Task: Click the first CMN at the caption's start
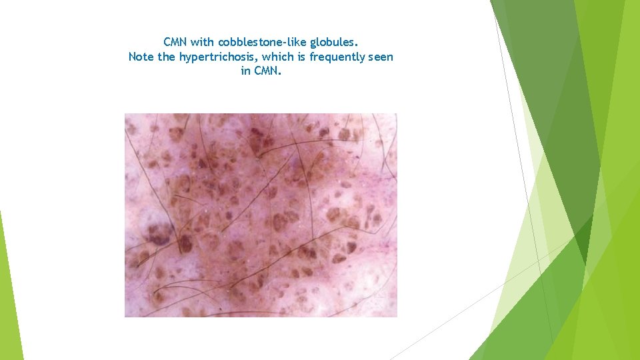(175, 43)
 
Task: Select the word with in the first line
(203, 43)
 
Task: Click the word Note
(141, 57)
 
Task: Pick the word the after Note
(166, 57)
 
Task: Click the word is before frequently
(301, 57)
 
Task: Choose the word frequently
(337, 57)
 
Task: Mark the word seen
(381, 57)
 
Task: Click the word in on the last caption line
(245, 71)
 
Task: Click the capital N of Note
(132, 57)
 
